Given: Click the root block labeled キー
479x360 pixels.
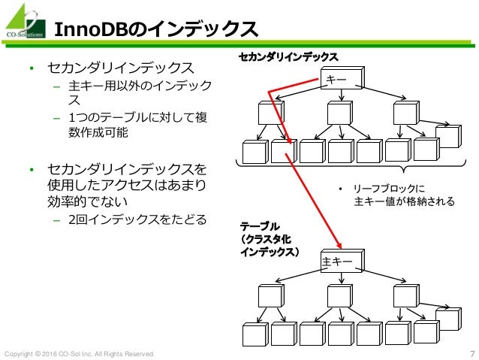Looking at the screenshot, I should [x=340, y=79].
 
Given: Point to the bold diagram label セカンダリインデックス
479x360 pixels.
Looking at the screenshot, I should [x=288, y=56].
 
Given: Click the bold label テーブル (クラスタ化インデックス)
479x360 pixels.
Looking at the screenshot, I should [x=269, y=240].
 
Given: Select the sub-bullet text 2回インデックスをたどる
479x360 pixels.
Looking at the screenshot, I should [x=137, y=220].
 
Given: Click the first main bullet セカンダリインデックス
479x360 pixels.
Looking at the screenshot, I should [x=125, y=69].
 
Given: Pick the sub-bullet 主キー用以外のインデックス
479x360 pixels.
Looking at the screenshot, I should [x=139, y=92].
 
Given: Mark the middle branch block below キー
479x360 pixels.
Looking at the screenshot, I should [x=339, y=113].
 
